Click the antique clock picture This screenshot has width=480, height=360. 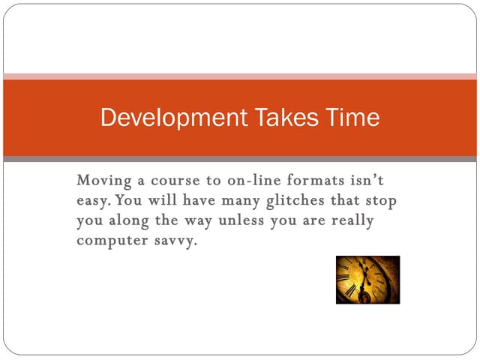tap(367, 279)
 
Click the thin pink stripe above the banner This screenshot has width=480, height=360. tap(240, 76)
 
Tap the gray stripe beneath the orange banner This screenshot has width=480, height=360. tap(240, 159)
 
